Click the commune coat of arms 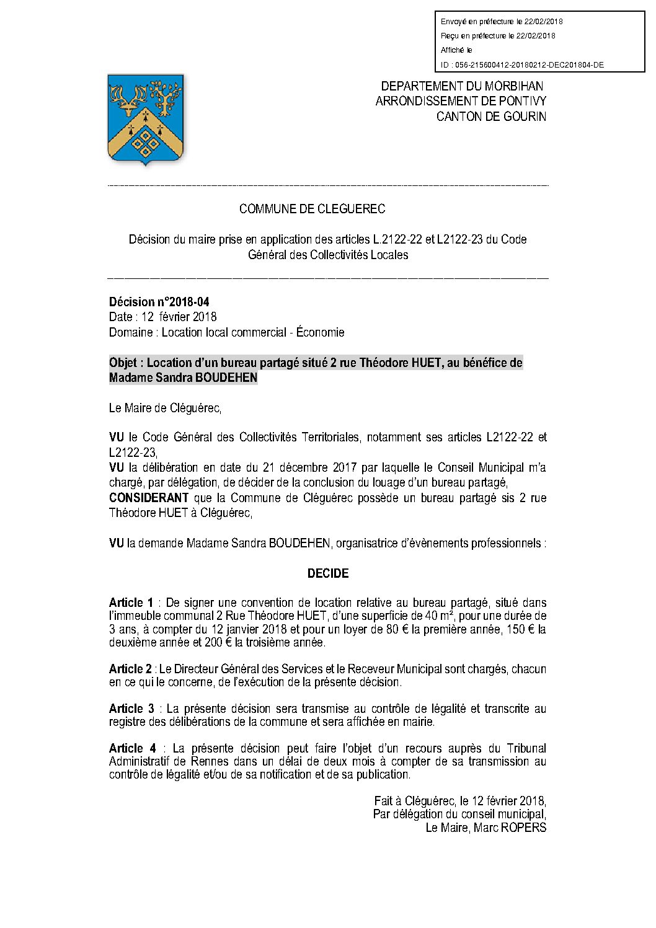pos(146,119)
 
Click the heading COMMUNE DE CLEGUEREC pos(312,209)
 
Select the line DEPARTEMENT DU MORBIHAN pos(462,86)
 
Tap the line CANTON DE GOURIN pos(491,117)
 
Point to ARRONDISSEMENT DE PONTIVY pos(461,101)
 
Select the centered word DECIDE pos(328,573)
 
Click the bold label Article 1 pos(131,603)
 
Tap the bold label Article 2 pos(130,669)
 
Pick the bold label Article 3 pos(131,709)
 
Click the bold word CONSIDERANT pos(149,498)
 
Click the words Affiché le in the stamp pos(456,50)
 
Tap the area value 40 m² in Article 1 pos(438,616)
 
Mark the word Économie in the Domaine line pos(320,332)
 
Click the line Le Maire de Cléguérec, pos(165,408)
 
